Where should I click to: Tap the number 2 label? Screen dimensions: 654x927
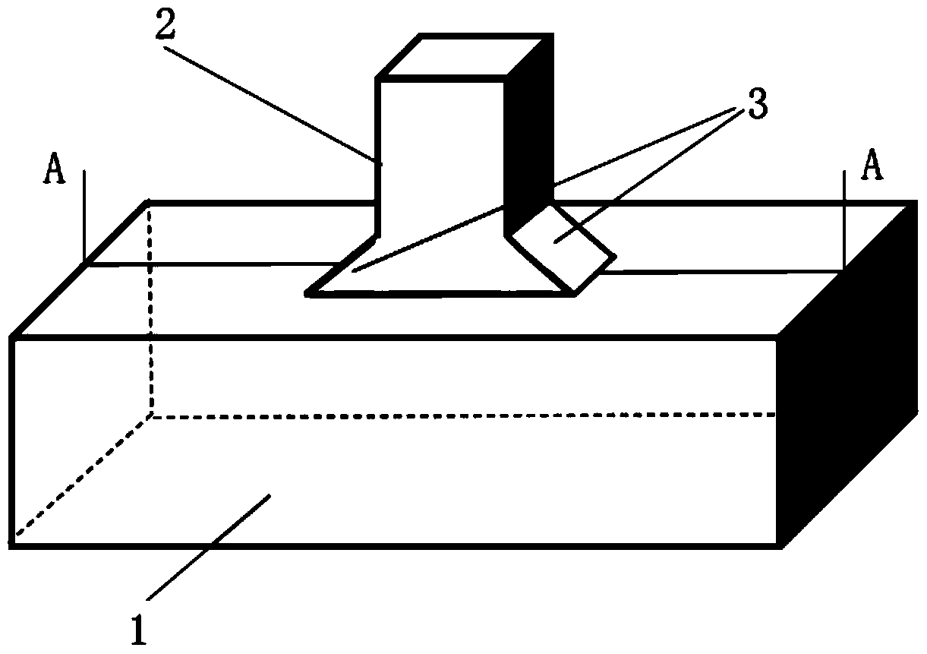[x=168, y=26]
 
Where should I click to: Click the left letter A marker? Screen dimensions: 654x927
[x=55, y=170]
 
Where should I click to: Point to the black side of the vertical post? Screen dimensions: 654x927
[x=529, y=137]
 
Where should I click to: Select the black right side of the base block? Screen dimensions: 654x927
[x=843, y=380]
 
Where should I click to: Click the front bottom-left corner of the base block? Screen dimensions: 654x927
[x=12, y=544]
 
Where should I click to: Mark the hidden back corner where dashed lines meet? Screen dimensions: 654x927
[x=151, y=415]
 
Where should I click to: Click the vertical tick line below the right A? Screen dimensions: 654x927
[x=843, y=220]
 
